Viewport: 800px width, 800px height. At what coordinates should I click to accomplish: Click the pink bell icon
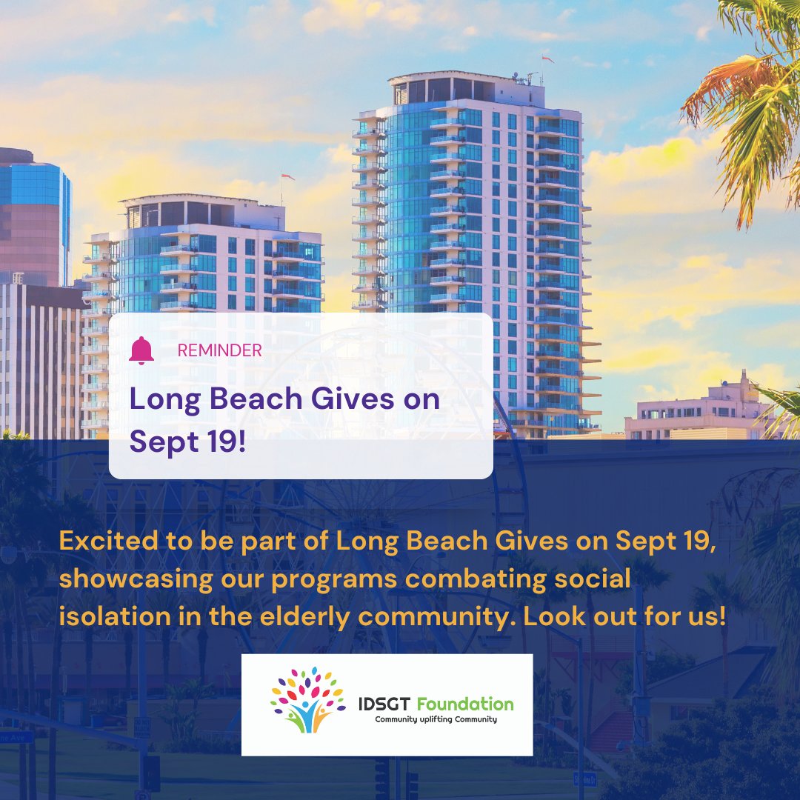coord(141,350)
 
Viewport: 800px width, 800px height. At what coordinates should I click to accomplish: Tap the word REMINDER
coord(220,350)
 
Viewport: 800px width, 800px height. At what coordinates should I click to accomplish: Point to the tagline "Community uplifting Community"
coord(436,719)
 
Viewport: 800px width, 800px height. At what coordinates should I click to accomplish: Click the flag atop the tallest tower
coord(547,59)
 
